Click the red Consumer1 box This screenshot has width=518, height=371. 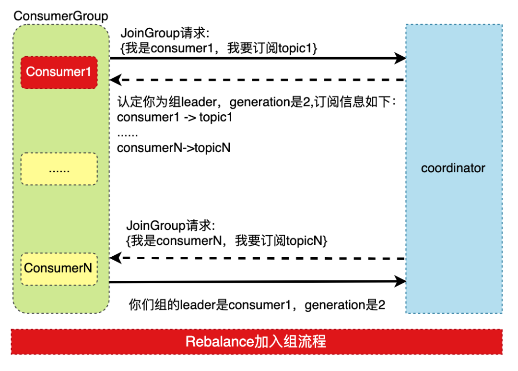(x=59, y=72)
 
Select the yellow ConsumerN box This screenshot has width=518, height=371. (x=59, y=268)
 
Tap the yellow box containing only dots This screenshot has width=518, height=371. (x=59, y=169)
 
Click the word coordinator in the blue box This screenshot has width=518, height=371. (x=453, y=168)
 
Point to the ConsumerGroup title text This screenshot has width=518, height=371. (x=61, y=16)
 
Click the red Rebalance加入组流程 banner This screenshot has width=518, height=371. (x=257, y=342)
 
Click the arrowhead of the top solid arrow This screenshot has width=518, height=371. (x=400, y=59)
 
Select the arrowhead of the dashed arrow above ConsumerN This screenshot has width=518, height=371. (x=115, y=258)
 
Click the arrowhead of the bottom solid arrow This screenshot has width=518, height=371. (x=400, y=281)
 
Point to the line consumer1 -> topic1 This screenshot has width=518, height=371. (x=175, y=117)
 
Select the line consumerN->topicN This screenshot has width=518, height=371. (x=174, y=148)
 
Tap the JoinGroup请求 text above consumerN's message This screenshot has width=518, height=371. (x=171, y=226)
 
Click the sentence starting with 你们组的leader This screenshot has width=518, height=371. (x=257, y=305)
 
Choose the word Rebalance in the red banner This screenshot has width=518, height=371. (x=215, y=342)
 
